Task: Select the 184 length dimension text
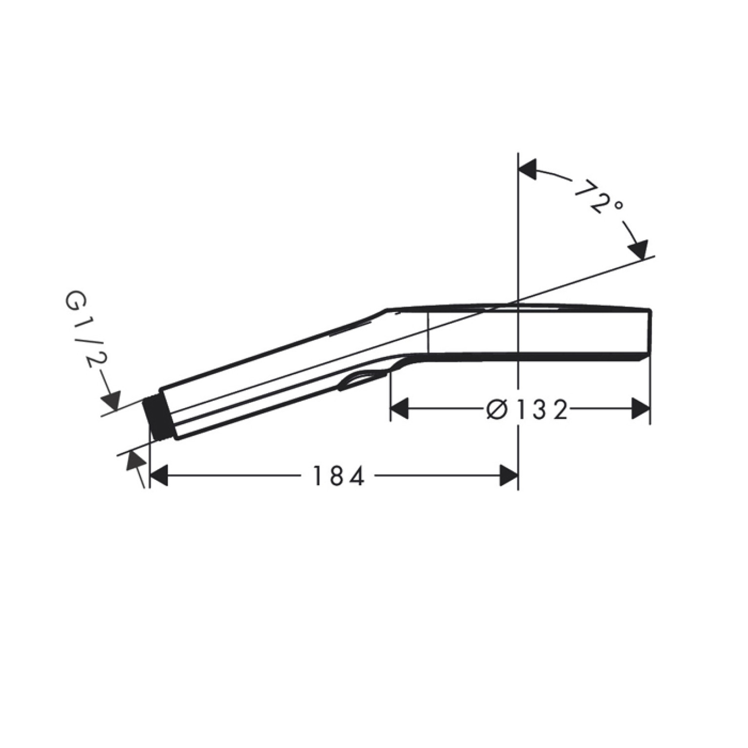coord(339,476)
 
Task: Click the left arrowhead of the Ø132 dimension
coord(400,409)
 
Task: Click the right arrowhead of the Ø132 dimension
coord(640,409)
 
